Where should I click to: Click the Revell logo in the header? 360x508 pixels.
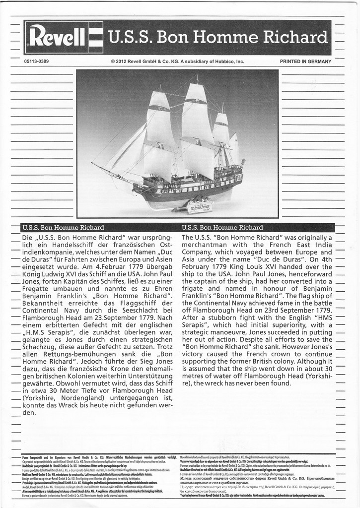tap(63, 38)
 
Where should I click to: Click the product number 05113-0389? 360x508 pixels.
tap(36, 62)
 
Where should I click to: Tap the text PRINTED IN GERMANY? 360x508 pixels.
tap(305, 62)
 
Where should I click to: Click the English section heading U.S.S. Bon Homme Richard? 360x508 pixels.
tap(222, 228)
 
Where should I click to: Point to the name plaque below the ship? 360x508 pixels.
tap(198, 207)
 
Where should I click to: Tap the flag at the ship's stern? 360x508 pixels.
tap(243, 162)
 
